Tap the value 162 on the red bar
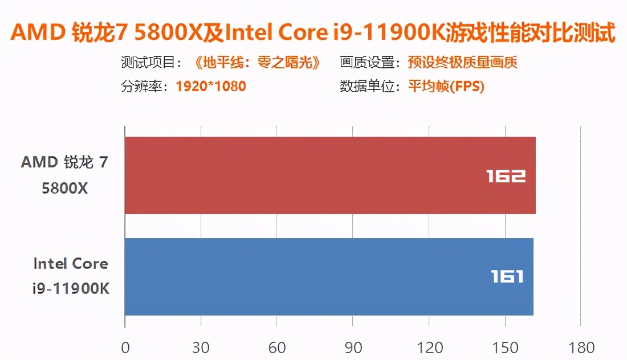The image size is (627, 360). [x=506, y=176]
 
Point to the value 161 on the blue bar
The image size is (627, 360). [x=507, y=277]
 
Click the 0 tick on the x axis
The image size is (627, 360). [x=125, y=347]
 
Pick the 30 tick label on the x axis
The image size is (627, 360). [x=201, y=347]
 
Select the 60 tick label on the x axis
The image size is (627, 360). [x=276, y=347]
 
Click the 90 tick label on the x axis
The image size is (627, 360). [x=353, y=347]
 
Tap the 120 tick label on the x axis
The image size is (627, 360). [x=429, y=347]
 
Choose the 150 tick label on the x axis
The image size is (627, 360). [x=505, y=347]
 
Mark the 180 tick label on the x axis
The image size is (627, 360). [x=581, y=347]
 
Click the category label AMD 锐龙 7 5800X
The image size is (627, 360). [x=64, y=175]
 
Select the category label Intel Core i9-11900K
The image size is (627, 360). [x=71, y=276]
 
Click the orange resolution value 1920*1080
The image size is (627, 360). [x=211, y=87]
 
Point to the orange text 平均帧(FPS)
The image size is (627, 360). [x=446, y=87]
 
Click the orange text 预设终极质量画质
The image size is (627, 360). [x=462, y=62]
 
